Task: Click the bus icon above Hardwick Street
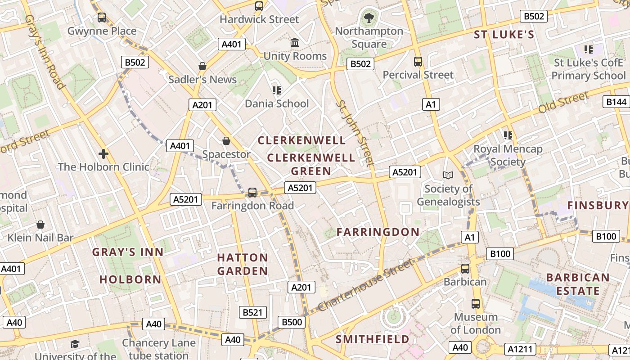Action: point(259,6)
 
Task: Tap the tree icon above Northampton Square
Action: point(369,18)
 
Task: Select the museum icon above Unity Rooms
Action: point(295,43)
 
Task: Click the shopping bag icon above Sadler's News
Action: point(202,66)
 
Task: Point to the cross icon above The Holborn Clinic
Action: point(103,154)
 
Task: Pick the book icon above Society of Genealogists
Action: point(448,175)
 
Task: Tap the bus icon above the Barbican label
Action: point(465,269)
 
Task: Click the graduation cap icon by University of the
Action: point(75,344)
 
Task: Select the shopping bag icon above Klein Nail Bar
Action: point(40,224)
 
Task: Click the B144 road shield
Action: point(616,102)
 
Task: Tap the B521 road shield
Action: point(252,312)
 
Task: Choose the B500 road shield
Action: point(292,322)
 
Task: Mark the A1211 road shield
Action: point(521,349)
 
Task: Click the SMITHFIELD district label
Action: point(373,339)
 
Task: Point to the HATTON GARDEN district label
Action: point(243,264)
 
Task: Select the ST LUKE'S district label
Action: point(504,35)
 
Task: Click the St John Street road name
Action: point(355,133)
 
